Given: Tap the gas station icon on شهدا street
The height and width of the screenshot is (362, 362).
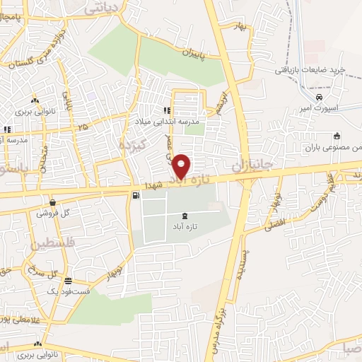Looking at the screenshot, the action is pyautogui.click(x=135, y=195).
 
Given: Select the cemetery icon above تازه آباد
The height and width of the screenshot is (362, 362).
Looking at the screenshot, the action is pyautogui.click(x=185, y=215).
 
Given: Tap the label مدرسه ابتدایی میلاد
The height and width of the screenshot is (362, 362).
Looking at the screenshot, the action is pyautogui.click(x=171, y=121).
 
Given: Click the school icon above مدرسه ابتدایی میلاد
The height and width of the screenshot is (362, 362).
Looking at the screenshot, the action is pyautogui.click(x=168, y=110).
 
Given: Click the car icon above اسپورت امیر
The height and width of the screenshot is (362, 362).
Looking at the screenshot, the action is pyautogui.click(x=320, y=97).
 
